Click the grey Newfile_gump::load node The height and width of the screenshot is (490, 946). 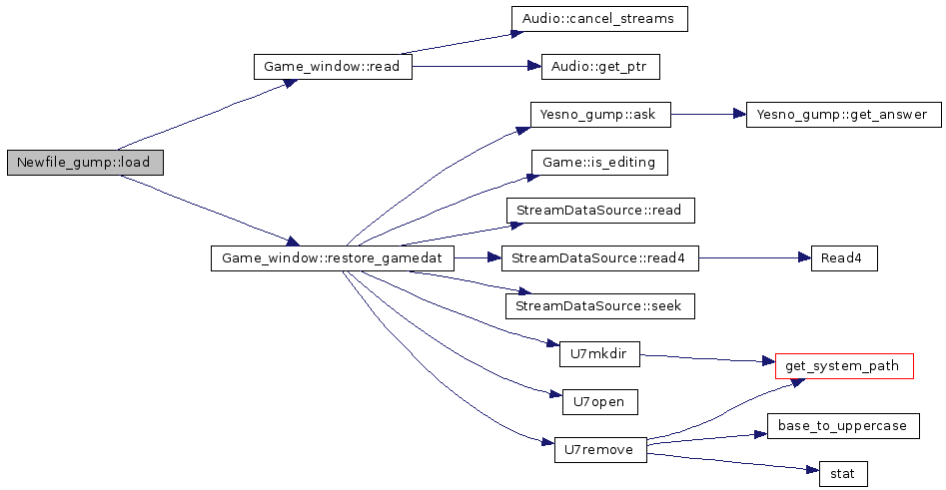[84, 164]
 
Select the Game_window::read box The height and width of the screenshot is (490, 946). [333, 68]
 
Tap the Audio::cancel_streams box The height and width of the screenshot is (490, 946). [599, 19]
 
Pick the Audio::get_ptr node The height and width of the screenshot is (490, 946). [599, 68]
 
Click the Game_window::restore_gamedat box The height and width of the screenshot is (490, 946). [333, 258]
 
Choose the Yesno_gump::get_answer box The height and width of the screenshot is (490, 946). [843, 115]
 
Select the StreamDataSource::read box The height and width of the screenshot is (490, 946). [599, 211]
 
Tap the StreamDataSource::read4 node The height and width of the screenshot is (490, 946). [599, 258]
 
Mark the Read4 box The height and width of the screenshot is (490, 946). [843, 258]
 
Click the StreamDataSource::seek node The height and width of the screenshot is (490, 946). [599, 306]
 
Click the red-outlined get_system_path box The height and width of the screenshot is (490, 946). [843, 366]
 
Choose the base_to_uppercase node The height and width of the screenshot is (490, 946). [843, 426]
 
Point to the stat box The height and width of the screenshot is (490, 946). [843, 474]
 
